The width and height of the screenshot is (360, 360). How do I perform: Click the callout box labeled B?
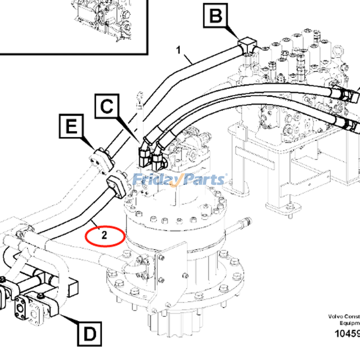tap(216, 17)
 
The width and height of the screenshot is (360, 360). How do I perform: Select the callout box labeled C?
tap(107, 108)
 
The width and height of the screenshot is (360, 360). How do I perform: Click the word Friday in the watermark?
tap(156, 180)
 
